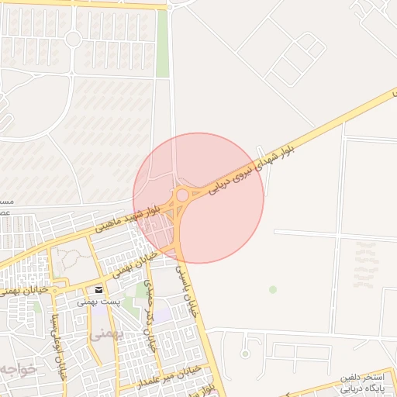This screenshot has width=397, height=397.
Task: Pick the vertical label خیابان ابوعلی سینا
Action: [x=54, y=333]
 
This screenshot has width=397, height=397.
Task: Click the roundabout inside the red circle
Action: [x=182, y=195]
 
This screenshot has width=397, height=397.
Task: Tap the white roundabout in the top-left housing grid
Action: [x=73, y=39]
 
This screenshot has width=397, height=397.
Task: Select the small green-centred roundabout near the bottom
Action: [x=245, y=354]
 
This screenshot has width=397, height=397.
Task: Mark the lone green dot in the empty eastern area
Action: [x=273, y=289]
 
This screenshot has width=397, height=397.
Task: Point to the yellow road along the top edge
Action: [x=85, y=4]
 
